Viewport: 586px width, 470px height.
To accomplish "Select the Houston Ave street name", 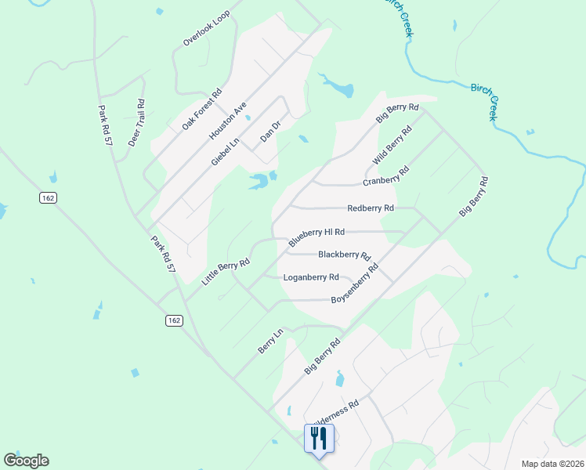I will [228, 121].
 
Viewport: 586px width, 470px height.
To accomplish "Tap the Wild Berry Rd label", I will [392, 146].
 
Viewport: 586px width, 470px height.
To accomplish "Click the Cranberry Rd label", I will [386, 176].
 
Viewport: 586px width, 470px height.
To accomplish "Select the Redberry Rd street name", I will [371, 208].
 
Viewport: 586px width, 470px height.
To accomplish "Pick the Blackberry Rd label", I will [344, 255].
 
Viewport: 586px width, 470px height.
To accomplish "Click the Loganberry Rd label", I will [311, 277].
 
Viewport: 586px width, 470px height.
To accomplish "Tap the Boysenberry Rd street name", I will [355, 284].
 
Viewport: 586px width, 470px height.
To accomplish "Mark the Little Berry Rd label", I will [226, 271].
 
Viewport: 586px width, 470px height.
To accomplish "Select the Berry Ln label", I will [269, 342].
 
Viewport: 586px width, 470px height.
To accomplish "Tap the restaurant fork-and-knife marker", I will [318, 437].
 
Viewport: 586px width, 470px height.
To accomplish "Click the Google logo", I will [26, 461].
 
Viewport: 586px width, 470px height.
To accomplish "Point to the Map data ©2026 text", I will [552, 464].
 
